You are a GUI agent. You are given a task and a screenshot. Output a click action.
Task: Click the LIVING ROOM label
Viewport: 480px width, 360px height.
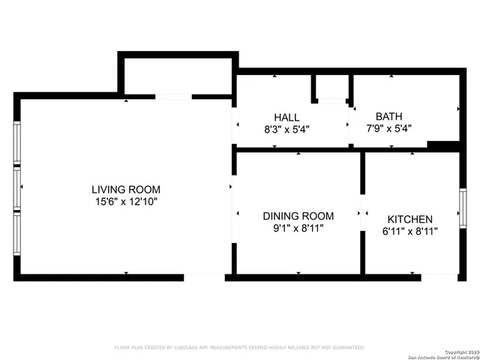(126, 190)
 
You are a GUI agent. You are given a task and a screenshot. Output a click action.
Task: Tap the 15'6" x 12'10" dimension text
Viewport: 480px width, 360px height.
(126, 202)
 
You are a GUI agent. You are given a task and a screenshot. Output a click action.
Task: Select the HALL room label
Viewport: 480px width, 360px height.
(286, 117)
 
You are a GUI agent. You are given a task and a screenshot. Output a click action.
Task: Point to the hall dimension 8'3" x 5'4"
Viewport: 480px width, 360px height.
(286, 129)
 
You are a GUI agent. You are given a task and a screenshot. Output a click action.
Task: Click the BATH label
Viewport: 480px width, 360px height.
(388, 116)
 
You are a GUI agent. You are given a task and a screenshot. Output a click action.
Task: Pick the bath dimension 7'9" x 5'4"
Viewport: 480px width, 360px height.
(388, 128)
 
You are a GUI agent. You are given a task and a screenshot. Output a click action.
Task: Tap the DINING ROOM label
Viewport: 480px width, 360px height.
(298, 216)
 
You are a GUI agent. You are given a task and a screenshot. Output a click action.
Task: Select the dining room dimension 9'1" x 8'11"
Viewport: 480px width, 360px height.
(298, 229)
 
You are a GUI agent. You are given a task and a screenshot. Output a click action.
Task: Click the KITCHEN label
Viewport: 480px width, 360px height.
(409, 218)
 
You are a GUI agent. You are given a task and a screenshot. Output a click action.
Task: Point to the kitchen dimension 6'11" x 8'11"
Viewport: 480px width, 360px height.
(409, 231)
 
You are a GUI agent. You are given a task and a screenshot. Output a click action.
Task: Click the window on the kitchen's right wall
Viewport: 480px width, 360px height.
(463, 208)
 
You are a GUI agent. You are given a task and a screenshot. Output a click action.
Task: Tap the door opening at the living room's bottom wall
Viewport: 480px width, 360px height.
(204, 277)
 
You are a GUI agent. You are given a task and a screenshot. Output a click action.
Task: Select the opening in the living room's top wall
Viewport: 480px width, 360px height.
(173, 97)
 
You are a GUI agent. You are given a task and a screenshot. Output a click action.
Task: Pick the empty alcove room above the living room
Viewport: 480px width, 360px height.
(177, 76)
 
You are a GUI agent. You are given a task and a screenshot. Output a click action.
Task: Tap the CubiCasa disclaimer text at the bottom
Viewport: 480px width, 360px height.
(239, 348)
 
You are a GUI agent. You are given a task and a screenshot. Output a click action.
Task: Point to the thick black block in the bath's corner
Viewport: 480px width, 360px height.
(442, 145)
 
